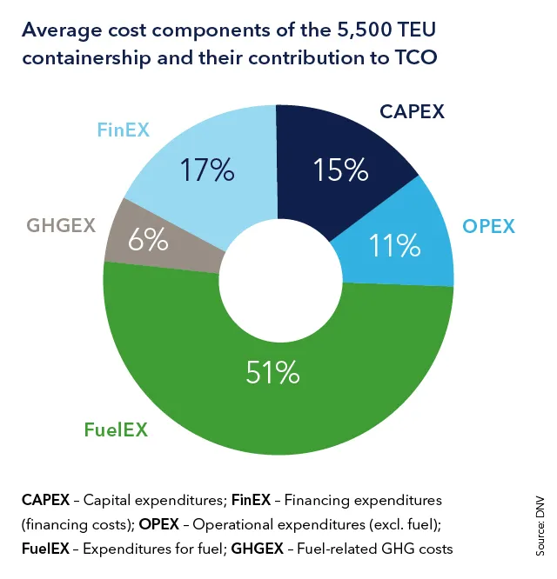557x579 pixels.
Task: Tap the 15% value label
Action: tap(341, 170)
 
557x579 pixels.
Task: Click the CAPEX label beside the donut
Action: tap(412, 111)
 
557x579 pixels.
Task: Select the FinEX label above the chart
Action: tap(123, 130)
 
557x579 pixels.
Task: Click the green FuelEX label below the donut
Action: tap(116, 429)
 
